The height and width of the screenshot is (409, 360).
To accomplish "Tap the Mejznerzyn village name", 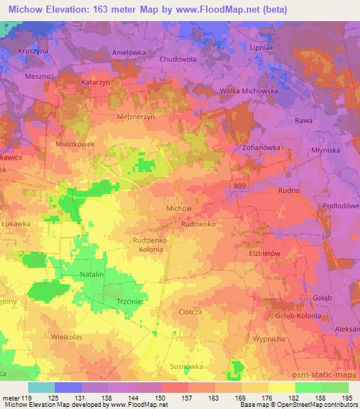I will coord(135,117).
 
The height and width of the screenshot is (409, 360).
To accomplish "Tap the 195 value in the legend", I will coord(347,398).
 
